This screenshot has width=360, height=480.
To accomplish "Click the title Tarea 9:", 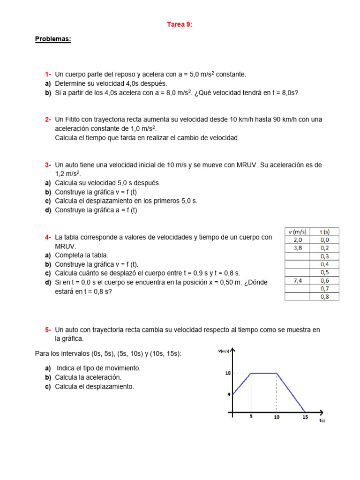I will [180, 25].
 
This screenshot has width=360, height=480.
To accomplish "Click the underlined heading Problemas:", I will [53, 39].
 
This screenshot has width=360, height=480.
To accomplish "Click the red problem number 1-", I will [48, 75].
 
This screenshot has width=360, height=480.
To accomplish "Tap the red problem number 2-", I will [48, 120].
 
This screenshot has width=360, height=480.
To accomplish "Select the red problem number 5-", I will [48, 330].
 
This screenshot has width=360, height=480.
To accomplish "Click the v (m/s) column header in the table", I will [297, 232].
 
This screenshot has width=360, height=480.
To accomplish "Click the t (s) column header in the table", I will [324, 232].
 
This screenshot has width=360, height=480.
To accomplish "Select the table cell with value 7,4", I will [297, 280].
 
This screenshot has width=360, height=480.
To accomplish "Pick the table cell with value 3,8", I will [297, 248].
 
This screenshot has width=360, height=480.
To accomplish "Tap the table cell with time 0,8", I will [324, 297].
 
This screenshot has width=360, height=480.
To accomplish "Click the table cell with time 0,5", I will [324, 272].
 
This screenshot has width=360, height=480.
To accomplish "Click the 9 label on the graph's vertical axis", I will [229, 395].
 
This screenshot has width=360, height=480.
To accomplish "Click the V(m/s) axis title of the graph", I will [224, 351].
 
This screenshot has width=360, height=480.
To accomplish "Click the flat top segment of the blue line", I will [264, 373].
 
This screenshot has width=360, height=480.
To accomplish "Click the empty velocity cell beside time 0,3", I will [297, 256].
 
